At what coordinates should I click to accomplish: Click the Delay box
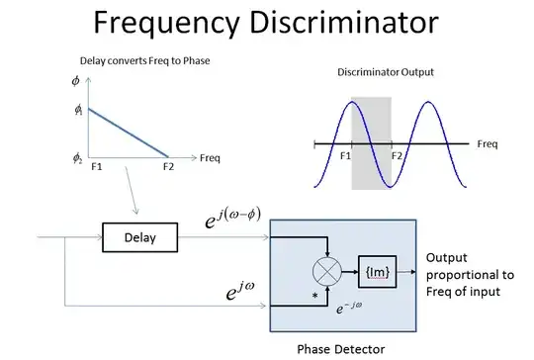(x=133, y=237)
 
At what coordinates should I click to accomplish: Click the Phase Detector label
(x=340, y=347)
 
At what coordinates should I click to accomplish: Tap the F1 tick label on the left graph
(x=97, y=167)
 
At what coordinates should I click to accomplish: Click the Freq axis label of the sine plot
(x=487, y=144)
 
